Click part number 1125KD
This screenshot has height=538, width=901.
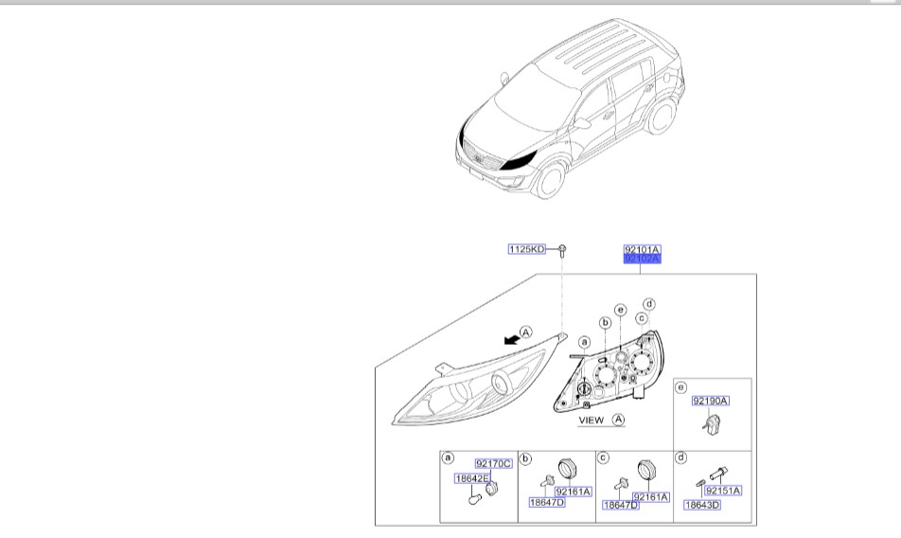pos(527,250)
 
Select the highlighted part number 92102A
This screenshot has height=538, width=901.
pos(642,258)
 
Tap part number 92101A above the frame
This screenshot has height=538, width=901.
pos(642,249)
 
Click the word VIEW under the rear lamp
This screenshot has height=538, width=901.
pos(591,419)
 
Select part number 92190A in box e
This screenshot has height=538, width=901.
pos(710,402)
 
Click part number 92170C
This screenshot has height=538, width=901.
pos(493,463)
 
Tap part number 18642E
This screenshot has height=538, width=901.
pos(472,479)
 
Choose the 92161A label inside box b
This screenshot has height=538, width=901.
pos(572,492)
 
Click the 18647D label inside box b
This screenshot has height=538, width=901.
pos(546,503)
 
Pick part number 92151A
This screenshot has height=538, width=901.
pos(723,491)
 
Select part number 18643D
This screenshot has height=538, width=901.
pos(701,505)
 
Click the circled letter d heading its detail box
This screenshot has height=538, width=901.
pos(681,457)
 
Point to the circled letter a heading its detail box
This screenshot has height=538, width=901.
pos(449,457)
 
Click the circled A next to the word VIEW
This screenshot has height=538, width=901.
pos(618,419)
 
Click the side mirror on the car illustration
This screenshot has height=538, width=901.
pos(583,122)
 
